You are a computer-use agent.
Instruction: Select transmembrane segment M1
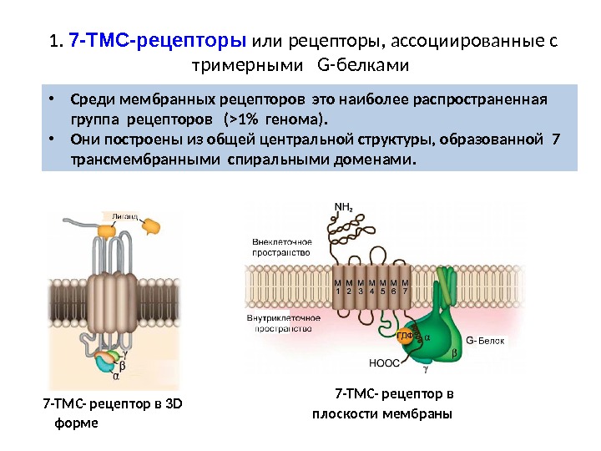(x=338, y=288)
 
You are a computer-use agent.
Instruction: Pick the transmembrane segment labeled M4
(x=371, y=288)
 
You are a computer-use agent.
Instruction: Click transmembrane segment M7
(x=406, y=288)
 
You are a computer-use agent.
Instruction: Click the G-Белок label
(x=487, y=340)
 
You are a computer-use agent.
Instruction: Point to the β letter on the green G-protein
(x=454, y=354)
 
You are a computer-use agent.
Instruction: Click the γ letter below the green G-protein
(x=425, y=367)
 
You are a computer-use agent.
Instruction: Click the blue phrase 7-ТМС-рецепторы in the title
(x=158, y=41)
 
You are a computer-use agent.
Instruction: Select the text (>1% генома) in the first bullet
(x=284, y=118)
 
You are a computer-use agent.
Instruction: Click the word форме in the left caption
(x=75, y=423)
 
